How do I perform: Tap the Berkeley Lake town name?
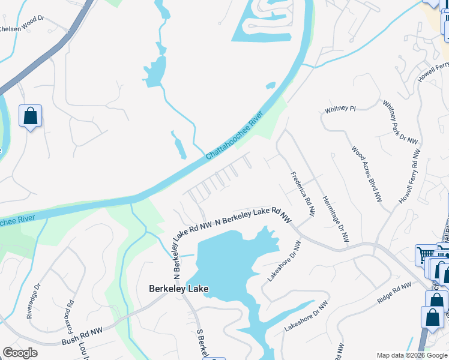tap(178, 289)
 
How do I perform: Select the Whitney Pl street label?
tap(340, 109)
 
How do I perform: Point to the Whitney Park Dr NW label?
tap(400, 122)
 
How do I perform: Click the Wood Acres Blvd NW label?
tap(367, 174)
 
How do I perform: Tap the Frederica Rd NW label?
tap(303, 194)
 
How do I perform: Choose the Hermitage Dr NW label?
tap(335, 219)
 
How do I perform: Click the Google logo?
tap(20, 353)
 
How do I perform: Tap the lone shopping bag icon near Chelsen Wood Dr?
tap(30, 116)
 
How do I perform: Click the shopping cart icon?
tap(425, 254)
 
